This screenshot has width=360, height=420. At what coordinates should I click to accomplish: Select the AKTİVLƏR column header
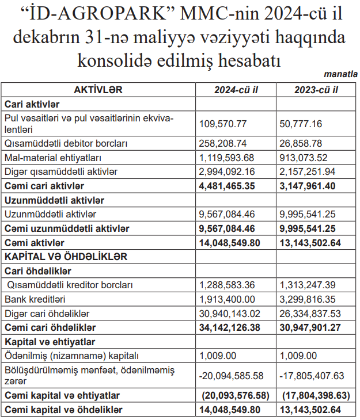click(x=98, y=90)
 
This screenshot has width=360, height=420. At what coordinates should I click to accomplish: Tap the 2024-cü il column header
click(x=236, y=90)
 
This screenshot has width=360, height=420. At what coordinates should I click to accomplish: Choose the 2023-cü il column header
click(x=316, y=90)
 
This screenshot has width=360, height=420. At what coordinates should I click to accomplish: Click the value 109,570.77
click(x=223, y=124)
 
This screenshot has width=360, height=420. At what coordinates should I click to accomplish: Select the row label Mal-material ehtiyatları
click(x=50, y=157)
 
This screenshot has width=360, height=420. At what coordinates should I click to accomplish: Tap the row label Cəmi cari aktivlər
click(x=44, y=186)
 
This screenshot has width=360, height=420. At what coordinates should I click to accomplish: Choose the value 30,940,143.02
click(x=230, y=314)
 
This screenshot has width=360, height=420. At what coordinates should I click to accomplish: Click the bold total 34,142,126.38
click(x=230, y=327)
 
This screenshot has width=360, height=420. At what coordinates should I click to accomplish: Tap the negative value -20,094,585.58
click(x=231, y=376)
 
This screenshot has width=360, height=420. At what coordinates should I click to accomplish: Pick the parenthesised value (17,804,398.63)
click(x=316, y=396)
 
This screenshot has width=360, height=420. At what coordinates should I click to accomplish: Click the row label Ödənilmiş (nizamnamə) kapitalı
click(x=72, y=356)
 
